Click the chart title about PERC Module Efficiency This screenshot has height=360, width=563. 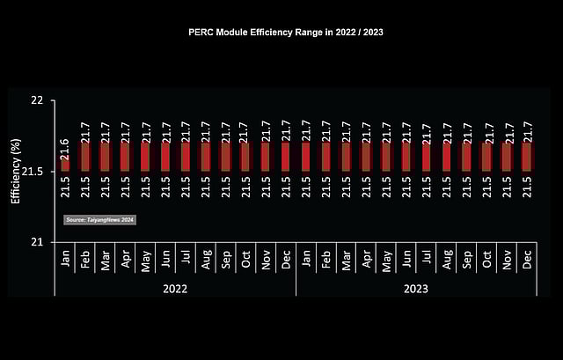286,31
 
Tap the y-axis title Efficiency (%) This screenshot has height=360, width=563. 15,172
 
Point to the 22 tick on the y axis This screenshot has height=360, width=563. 37,100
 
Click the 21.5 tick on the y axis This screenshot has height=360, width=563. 33,171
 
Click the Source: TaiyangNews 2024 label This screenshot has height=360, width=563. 100,219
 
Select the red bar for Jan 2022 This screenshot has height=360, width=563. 65,165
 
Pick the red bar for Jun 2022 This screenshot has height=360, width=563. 165,157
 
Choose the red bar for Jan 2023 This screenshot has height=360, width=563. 306,157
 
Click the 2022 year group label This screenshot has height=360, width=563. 175,288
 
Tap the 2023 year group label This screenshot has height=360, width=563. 415,288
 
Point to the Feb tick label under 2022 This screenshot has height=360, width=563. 85,261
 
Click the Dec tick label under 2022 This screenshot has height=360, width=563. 286,261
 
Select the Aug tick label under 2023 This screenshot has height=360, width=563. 447,261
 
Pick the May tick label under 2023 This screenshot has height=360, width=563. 386,261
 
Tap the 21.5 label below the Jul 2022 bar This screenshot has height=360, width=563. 186,187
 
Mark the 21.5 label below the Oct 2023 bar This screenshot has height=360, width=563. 487,187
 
